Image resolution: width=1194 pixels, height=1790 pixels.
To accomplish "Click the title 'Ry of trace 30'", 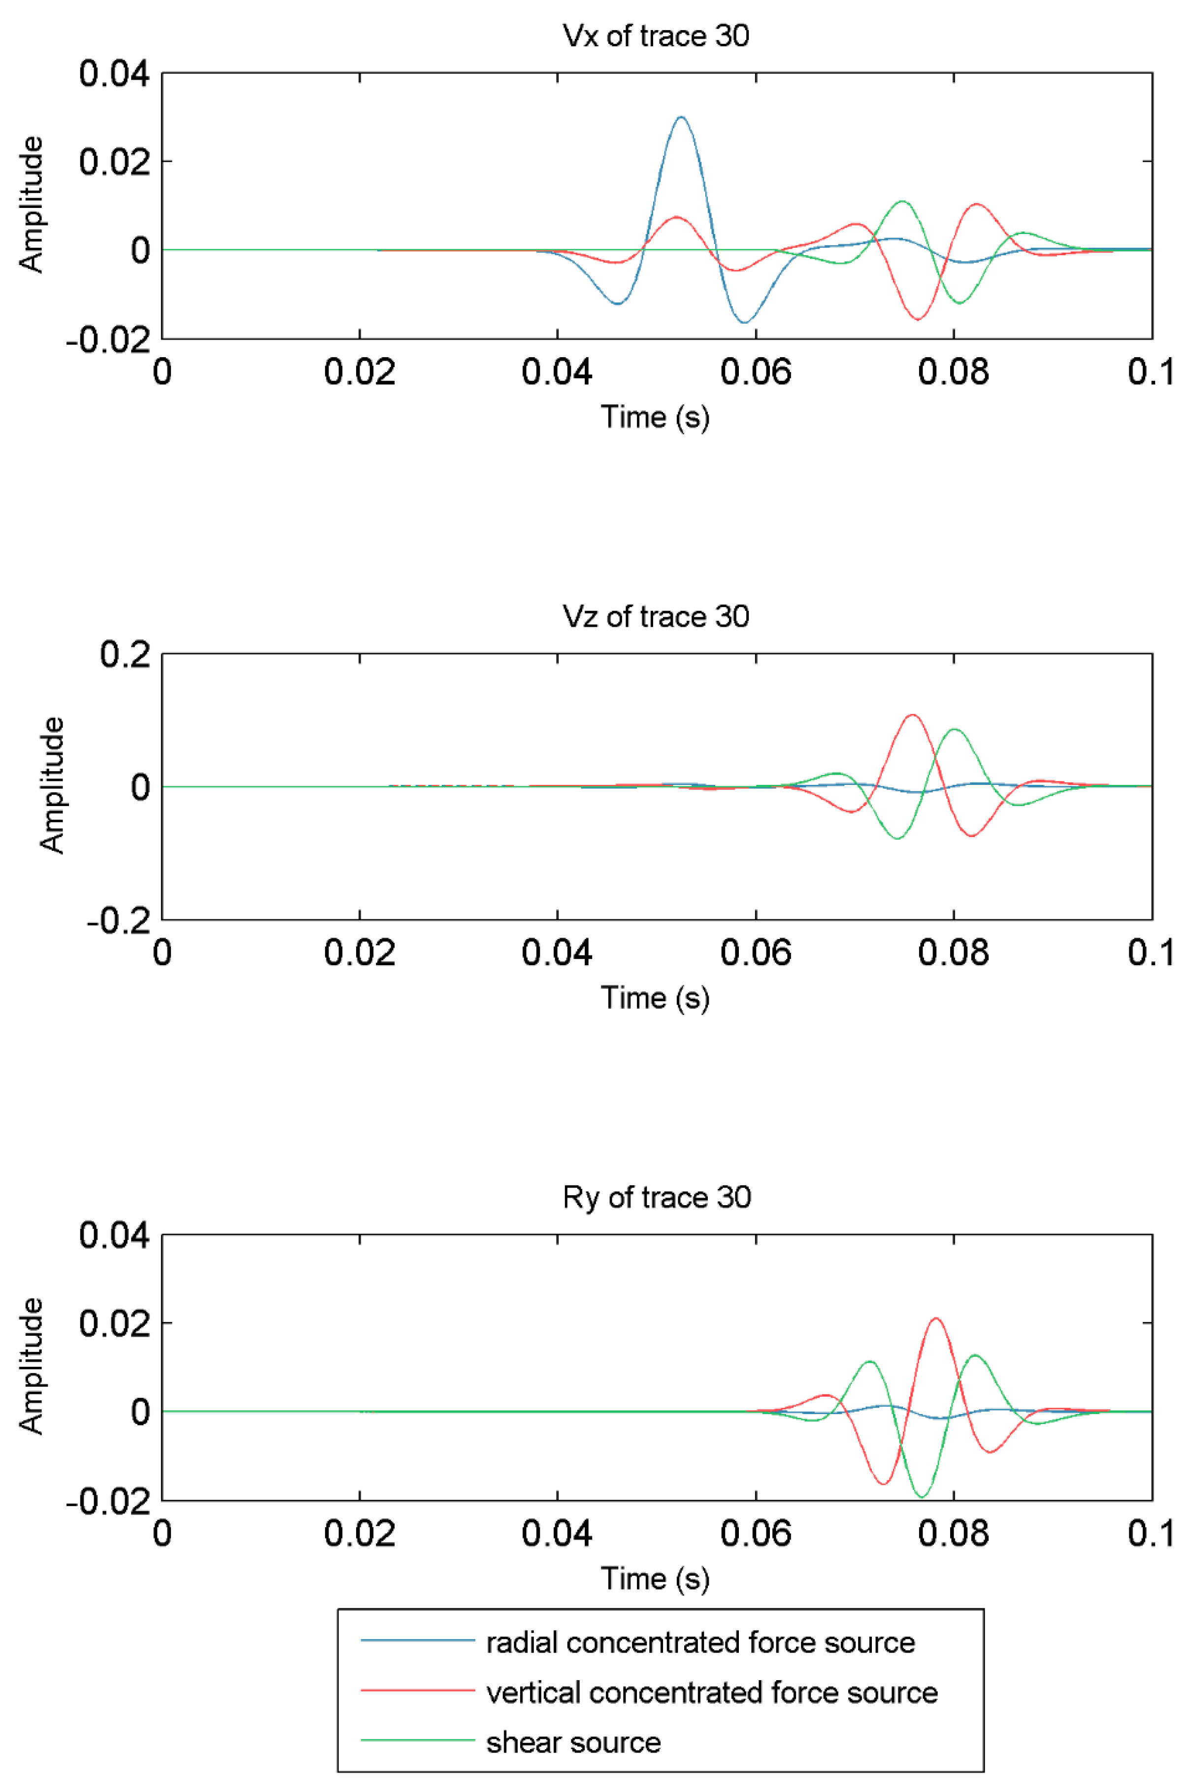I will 657,1197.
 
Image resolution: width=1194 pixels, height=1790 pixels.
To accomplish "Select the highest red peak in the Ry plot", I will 936,1318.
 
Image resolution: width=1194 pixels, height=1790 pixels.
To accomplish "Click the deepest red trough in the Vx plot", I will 918,319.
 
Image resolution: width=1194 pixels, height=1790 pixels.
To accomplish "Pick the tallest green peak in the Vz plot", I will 954,730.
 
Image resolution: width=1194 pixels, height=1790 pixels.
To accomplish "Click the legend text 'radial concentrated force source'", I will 700,1643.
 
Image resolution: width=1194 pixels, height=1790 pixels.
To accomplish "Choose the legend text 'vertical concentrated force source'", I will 712,1692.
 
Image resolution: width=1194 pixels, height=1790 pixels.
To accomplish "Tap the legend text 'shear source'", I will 573,1742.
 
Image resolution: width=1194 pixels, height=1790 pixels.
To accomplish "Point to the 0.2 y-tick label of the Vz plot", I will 125,654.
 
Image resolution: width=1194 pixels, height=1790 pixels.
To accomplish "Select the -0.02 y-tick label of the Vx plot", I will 108,339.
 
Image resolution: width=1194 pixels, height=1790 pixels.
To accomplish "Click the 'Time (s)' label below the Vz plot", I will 655,997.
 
